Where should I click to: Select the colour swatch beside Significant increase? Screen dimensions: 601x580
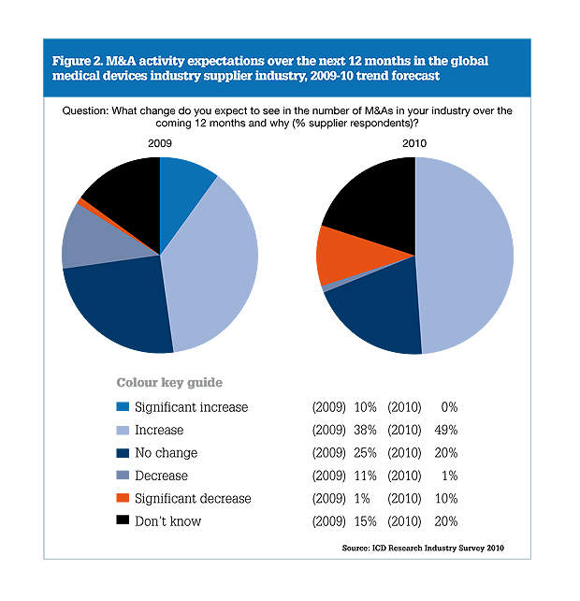[123, 408]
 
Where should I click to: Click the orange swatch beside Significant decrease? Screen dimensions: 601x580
[123, 499]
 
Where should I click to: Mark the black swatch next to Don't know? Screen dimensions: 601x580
[123, 521]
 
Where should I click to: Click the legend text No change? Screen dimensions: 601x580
[167, 453]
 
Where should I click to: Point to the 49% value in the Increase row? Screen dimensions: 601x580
[444, 431]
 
